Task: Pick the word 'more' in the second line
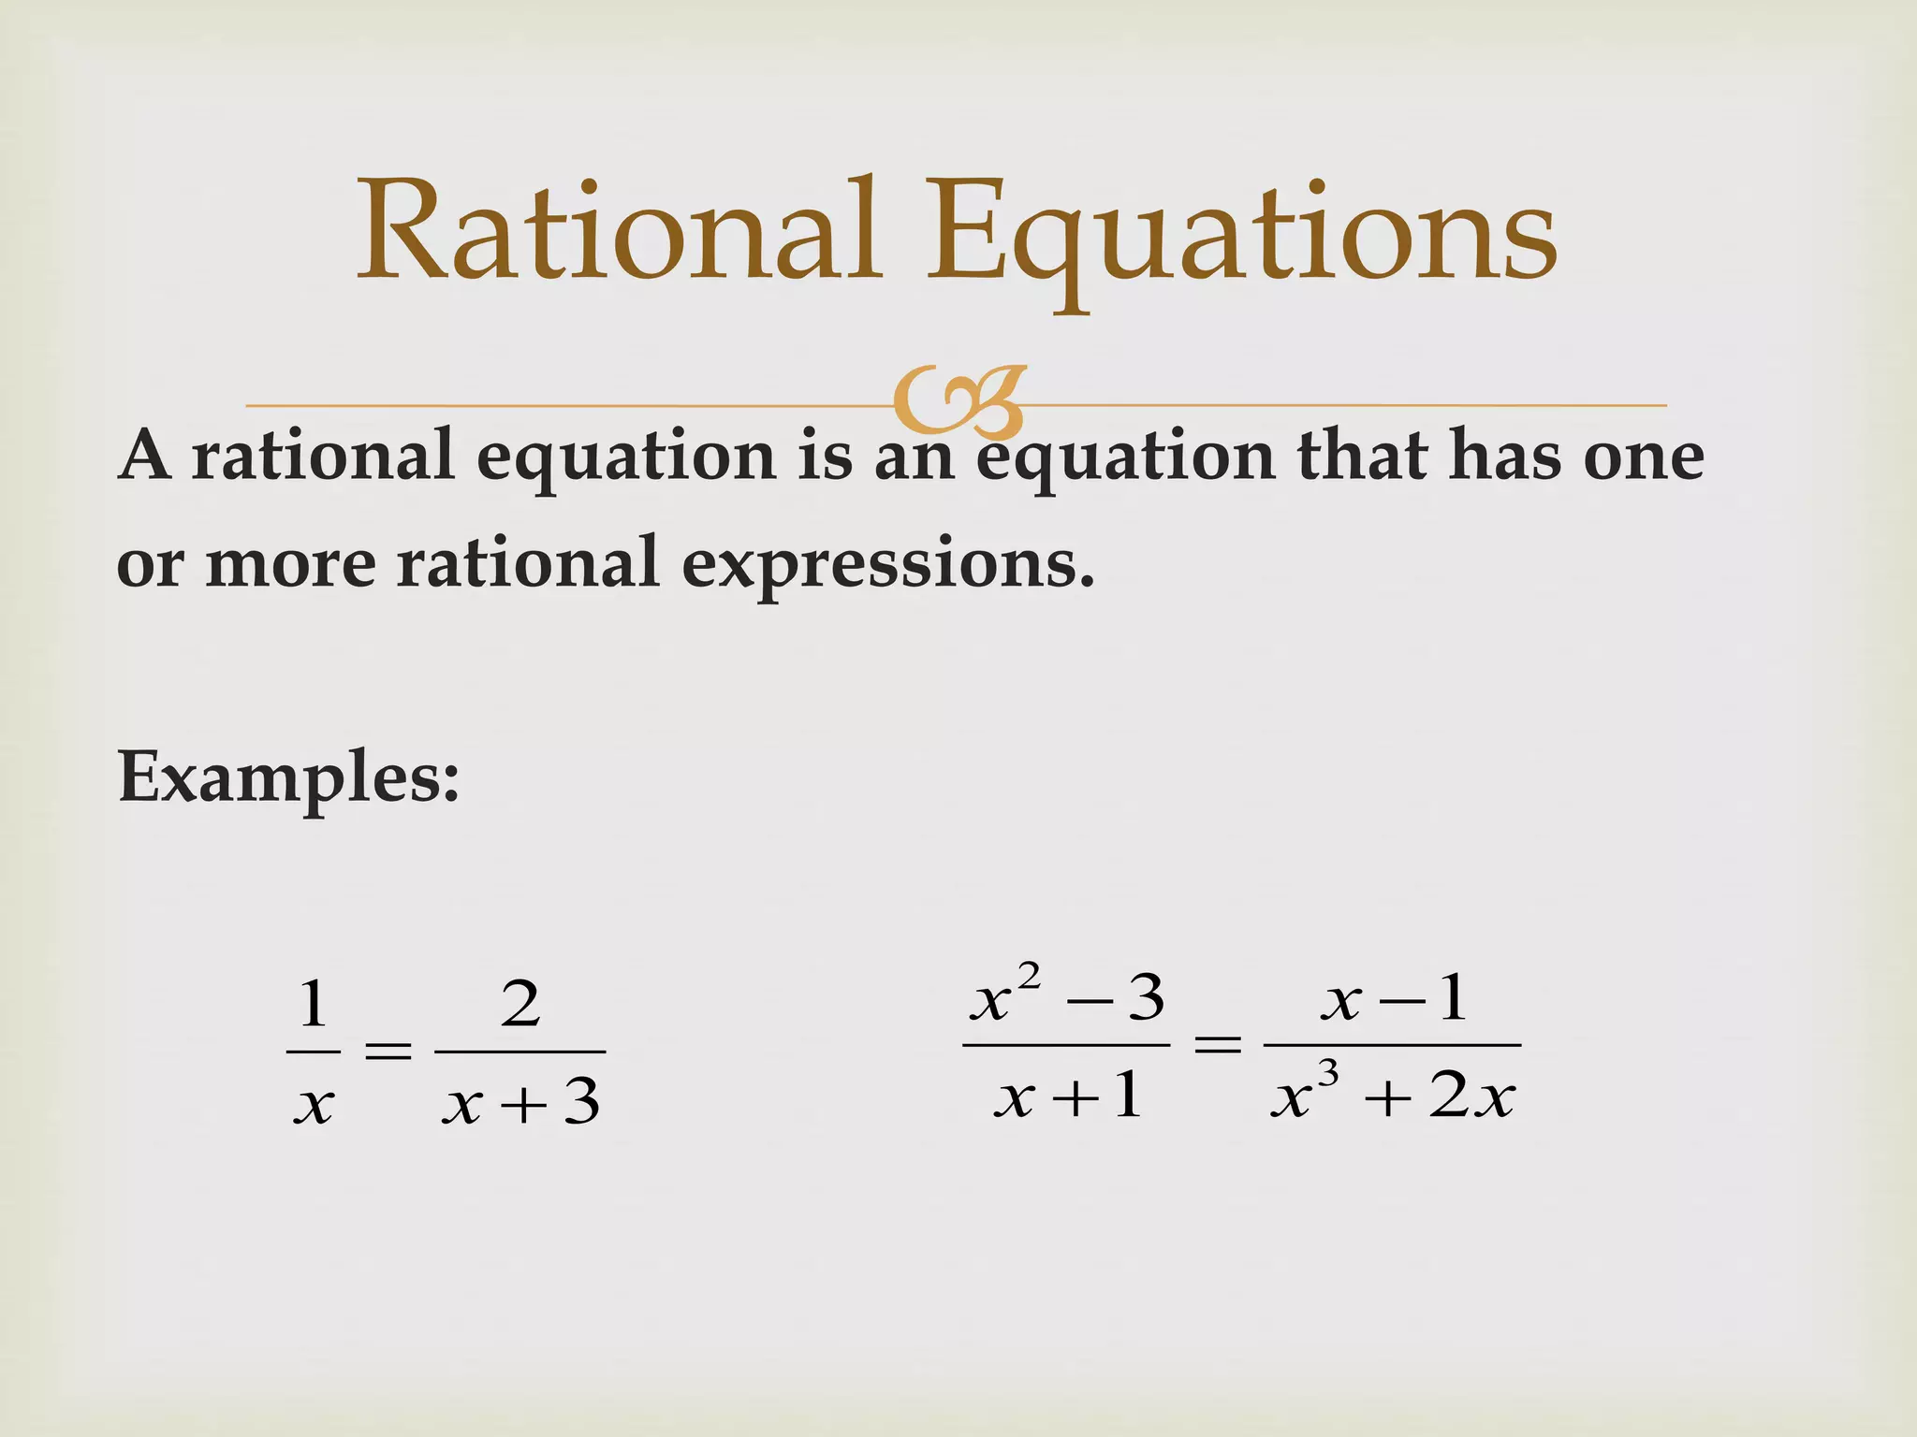pyautogui.click(x=290, y=565)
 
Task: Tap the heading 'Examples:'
pyautogui.click(x=288, y=778)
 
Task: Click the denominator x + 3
pyautogui.click(x=521, y=1102)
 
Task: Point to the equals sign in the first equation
pyautogui.click(x=388, y=1052)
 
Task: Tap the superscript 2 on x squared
pyautogui.click(x=1029, y=976)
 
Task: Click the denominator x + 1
pyautogui.click(x=1068, y=1095)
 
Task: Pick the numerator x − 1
pyautogui.click(x=1393, y=999)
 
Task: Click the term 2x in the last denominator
pyautogui.click(x=1471, y=1096)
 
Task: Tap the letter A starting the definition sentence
pyautogui.click(x=145, y=456)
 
